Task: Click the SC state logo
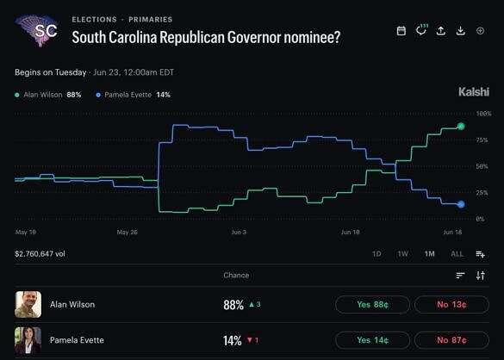(x=37, y=30)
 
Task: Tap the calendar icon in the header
(x=401, y=31)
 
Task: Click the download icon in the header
(x=461, y=31)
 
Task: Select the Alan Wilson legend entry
(x=48, y=95)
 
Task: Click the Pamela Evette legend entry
(x=133, y=95)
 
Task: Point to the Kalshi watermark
(x=474, y=92)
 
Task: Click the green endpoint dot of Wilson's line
(x=461, y=127)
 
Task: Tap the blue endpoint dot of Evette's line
(x=461, y=204)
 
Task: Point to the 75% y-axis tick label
(x=482, y=140)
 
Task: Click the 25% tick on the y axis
(x=482, y=193)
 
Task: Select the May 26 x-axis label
(x=127, y=232)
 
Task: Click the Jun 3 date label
(x=239, y=232)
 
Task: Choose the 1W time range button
(x=402, y=254)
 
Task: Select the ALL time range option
(x=457, y=254)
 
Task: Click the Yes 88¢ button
(x=372, y=304)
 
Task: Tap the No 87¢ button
(x=451, y=340)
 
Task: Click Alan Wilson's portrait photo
(x=28, y=304)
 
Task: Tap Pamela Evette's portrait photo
(x=28, y=340)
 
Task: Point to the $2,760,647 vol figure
(x=40, y=254)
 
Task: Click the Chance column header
(x=236, y=275)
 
